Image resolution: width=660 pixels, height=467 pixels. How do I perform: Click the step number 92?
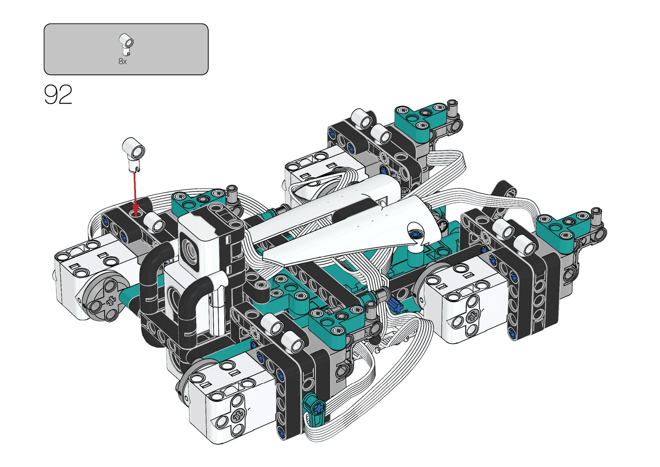pos(58,94)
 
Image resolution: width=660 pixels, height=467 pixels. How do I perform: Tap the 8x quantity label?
pos(123,61)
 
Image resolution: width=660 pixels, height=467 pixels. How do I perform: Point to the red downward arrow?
pos(135,194)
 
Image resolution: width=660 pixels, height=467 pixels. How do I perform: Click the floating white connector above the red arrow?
pos(134,154)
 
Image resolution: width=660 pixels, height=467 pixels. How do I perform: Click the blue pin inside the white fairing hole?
pos(416,234)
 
